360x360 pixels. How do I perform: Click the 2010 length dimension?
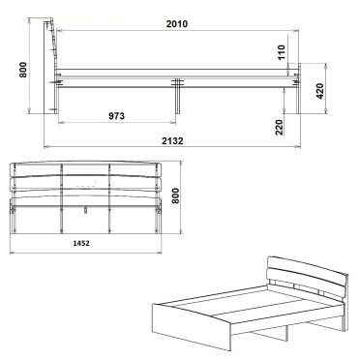tap(177, 24)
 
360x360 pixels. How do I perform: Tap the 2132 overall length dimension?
tap(172, 140)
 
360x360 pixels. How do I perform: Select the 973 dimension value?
tap(116, 115)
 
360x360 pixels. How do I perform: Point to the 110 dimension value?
tap(282, 52)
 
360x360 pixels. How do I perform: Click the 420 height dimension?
tap(319, 91)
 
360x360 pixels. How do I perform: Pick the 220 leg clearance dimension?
tap(280, 127)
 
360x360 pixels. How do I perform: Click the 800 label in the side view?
tap(23, 70)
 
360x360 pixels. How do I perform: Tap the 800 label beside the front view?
tap(175, 195)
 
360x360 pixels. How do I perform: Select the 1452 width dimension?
tap(81, 243)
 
